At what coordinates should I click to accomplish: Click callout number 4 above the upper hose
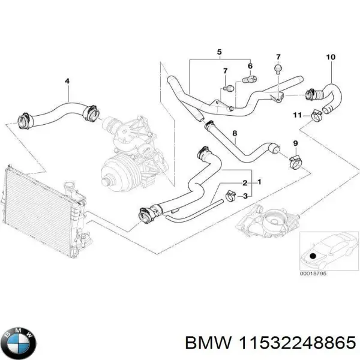pos(67,82)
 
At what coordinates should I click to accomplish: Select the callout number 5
pos(220,52)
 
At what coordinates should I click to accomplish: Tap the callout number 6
pos(250,65)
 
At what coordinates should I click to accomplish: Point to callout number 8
pos(235,133)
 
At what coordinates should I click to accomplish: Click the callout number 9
pos(295,142)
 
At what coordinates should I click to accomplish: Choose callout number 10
pos(330,57)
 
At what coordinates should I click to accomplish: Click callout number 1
pos(259,181)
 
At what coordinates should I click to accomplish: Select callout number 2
pos(245,182)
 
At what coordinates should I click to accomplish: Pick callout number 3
pos(245,196)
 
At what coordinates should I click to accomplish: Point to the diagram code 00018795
pos(313,275)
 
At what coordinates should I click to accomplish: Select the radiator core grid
pos(36,208)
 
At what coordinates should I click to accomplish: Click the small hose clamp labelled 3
pos(229,194)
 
